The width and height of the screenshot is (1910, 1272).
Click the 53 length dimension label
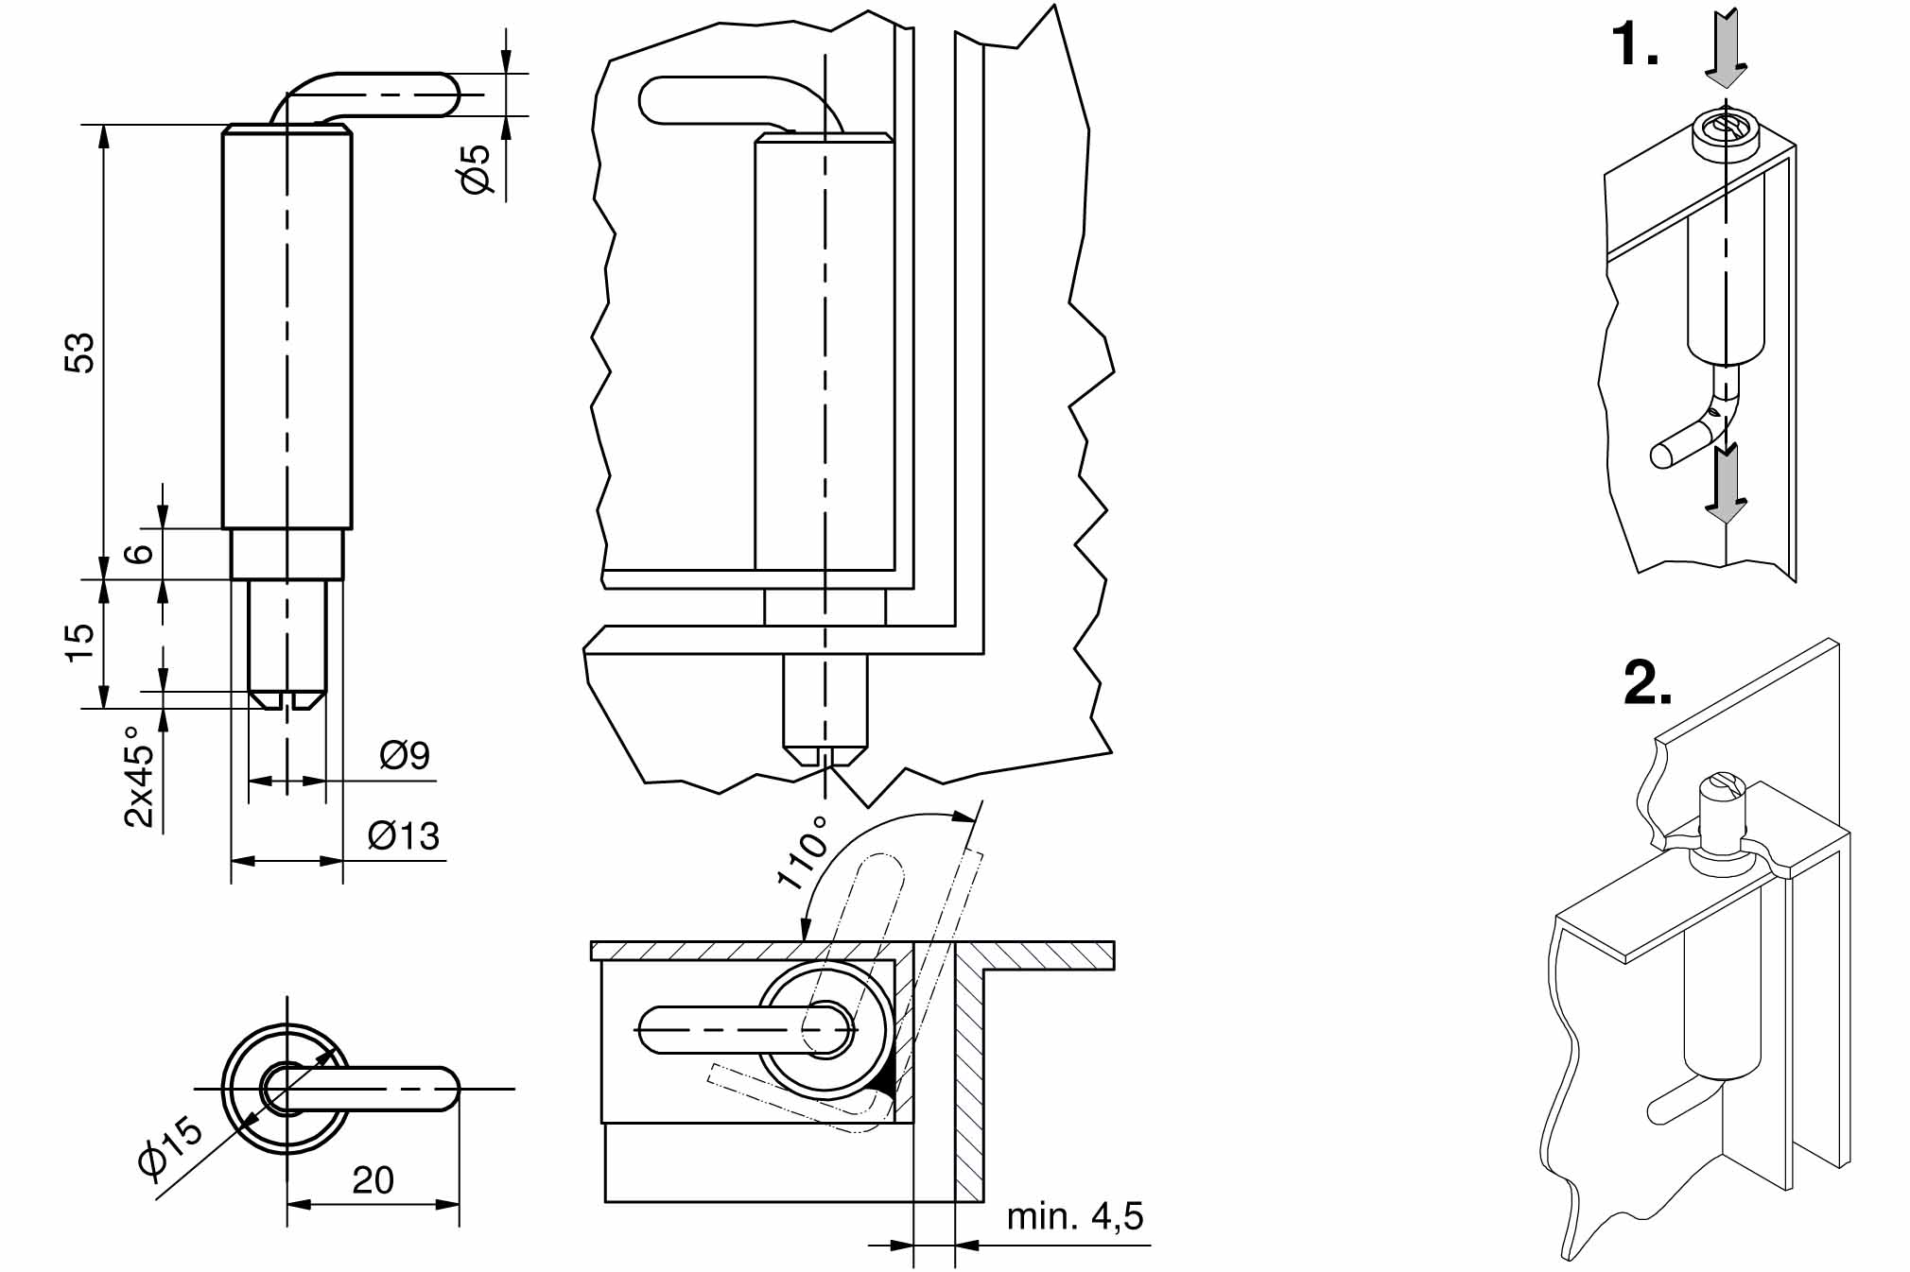coord(81,352)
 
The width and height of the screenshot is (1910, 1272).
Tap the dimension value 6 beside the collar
coord(140,554)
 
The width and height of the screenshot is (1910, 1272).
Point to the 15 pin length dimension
coord(81,643)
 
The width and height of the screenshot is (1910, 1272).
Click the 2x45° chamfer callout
coord(140,777)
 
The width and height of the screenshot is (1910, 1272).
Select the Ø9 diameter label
coord(405,755)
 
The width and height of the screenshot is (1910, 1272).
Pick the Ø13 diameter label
coord(404,836)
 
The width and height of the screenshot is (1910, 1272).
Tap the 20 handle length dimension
coord(373,1180)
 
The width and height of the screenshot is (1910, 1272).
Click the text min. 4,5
coord(1075,1216)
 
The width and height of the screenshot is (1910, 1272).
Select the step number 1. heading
coord(1635,44)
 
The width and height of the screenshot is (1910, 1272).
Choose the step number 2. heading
coord(1647,683)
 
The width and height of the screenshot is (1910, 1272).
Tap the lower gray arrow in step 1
coord(1727,484)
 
